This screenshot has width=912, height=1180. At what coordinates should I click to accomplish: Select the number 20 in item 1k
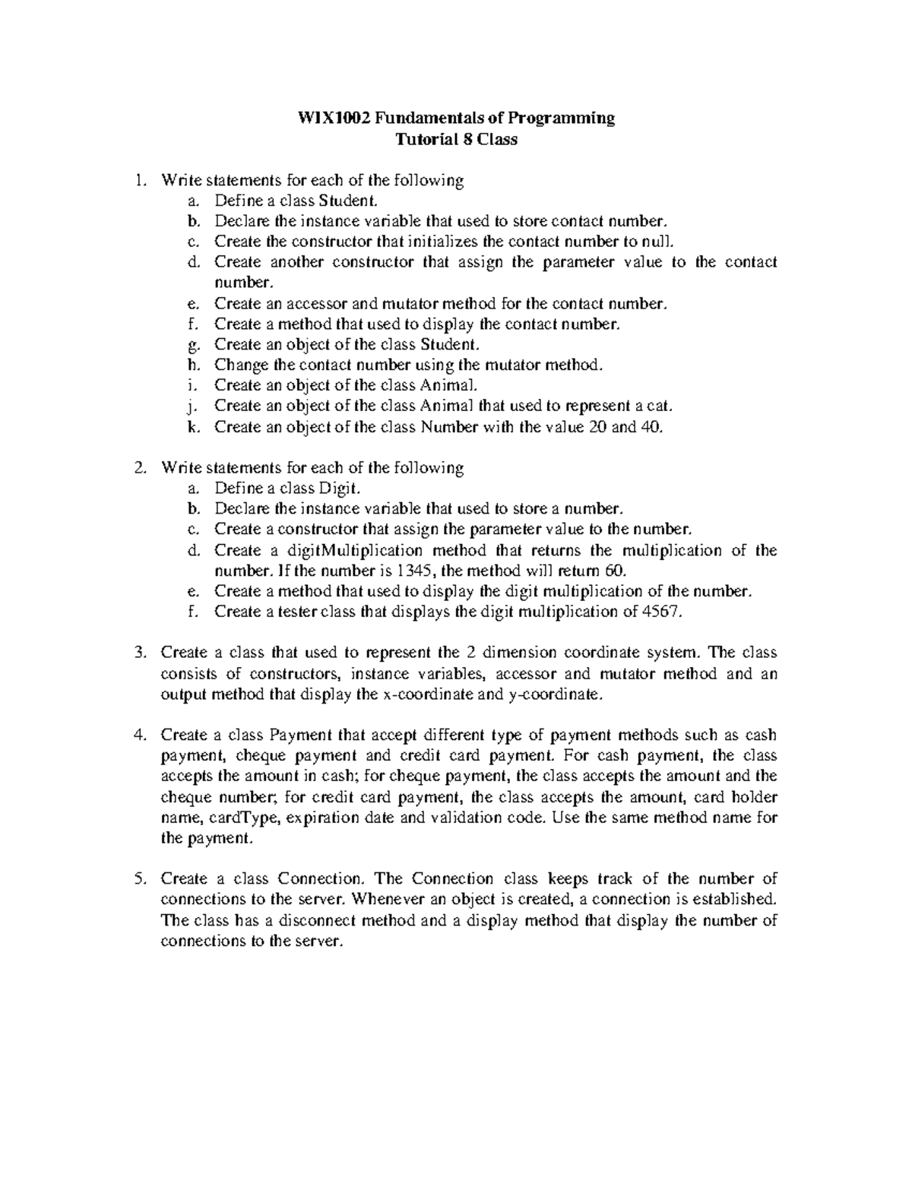point(598,426)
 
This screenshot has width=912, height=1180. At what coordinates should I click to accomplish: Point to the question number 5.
point(138,879)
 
